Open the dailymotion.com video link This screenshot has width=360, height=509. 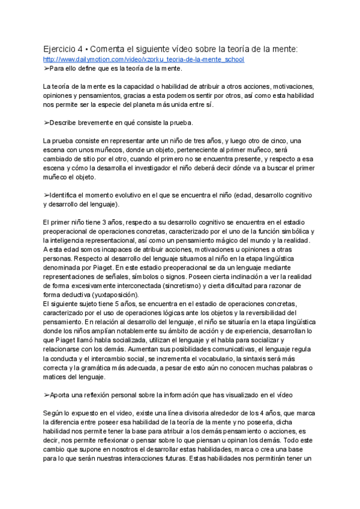pos(144,60)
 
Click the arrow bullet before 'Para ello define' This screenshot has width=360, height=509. pos(46,68)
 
